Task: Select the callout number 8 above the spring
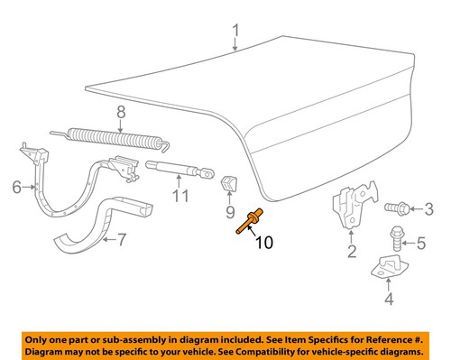[118, 114]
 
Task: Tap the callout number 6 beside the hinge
[15, 188]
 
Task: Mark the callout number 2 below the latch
[352, 252]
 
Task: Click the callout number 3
[429, 210]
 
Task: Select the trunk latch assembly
[352, 208]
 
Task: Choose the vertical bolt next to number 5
[397, 240]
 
